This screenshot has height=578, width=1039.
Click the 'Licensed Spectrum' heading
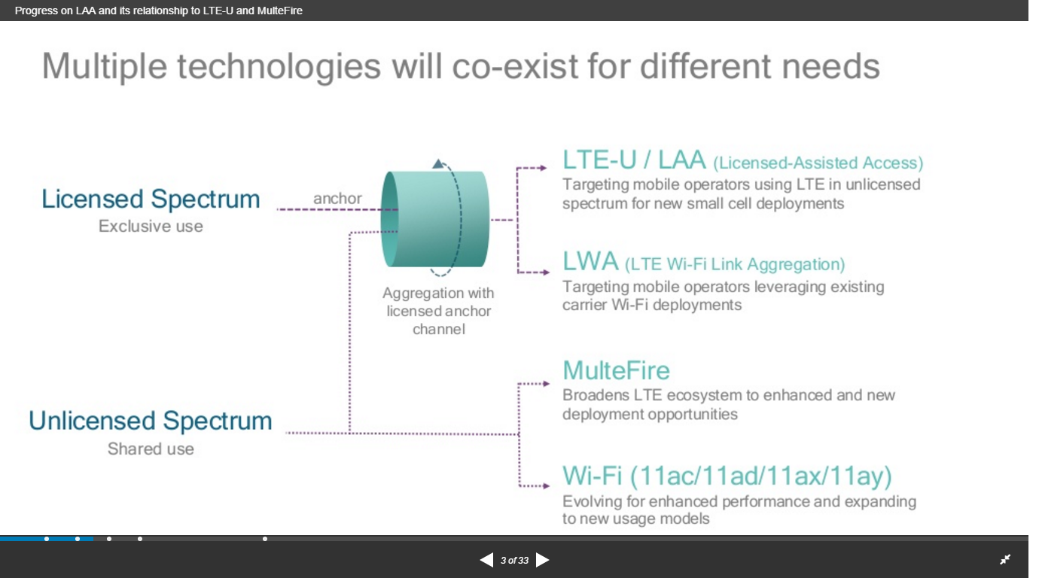pyautogui.click(x=151, y=199)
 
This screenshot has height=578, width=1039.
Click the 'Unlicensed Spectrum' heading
pyautogui.click(x=151, y=421)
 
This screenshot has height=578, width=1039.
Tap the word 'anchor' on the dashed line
pyautogui.click(x=337, y=199)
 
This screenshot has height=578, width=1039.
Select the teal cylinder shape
pyautogui.click(x=435, y=219)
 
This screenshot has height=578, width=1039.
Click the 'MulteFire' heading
pyautogui.click(x=616, y=370)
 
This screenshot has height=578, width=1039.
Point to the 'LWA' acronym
pyautogui.click(x=590, y=262)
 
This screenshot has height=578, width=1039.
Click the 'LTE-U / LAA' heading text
pyautogui.click(x=634, y=160)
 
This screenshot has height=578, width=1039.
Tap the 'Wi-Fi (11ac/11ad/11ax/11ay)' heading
pyautogui.click(x=727, y=476)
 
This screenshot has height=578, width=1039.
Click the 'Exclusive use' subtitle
pyautogui.click(x=151, y=227)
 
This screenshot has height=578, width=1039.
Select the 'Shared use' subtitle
pyautogui.click(x=151, y=449)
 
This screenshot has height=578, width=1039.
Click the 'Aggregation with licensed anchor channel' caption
pyautogui.click(x=438, y=311)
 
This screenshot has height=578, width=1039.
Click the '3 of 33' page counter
pyautogui.click(x=514, y=561)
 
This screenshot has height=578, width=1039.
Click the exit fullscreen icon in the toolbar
pyautogui.click(x=1005, y=559)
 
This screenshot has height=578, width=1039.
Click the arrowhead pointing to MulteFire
pyautogui.click(x=547, y=384)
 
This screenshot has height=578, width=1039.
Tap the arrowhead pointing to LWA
pyautogui.click(x=547, y=272)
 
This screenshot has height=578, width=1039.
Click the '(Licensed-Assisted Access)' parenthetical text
pyautogui.click(x=818, y=163)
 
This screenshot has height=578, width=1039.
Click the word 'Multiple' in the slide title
pyautogui.click(x=104, y=66)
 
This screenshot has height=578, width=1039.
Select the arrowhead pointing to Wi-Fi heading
pyautogui.click(x=547, y=486)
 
